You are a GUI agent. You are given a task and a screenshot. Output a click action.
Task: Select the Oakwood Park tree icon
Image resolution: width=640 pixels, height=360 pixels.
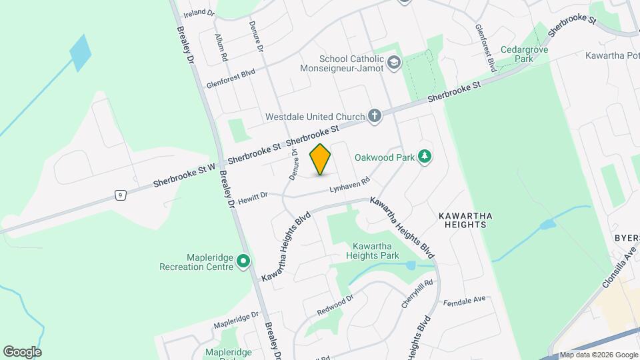click(424, 157)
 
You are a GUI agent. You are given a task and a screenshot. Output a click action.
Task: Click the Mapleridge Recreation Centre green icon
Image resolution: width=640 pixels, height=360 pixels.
click(243, 261)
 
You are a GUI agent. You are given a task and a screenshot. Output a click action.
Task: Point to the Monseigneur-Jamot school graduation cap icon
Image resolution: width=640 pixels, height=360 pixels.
click(395, 63)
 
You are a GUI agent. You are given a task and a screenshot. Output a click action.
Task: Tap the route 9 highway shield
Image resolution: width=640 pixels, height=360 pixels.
click(120, 195)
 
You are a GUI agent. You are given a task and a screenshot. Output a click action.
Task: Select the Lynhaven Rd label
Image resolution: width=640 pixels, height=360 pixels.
click(349, 186)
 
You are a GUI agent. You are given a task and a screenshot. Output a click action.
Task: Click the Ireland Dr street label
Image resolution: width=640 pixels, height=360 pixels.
click(199, 13)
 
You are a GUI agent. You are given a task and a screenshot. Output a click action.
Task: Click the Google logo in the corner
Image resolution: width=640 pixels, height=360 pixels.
click(22, 351)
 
